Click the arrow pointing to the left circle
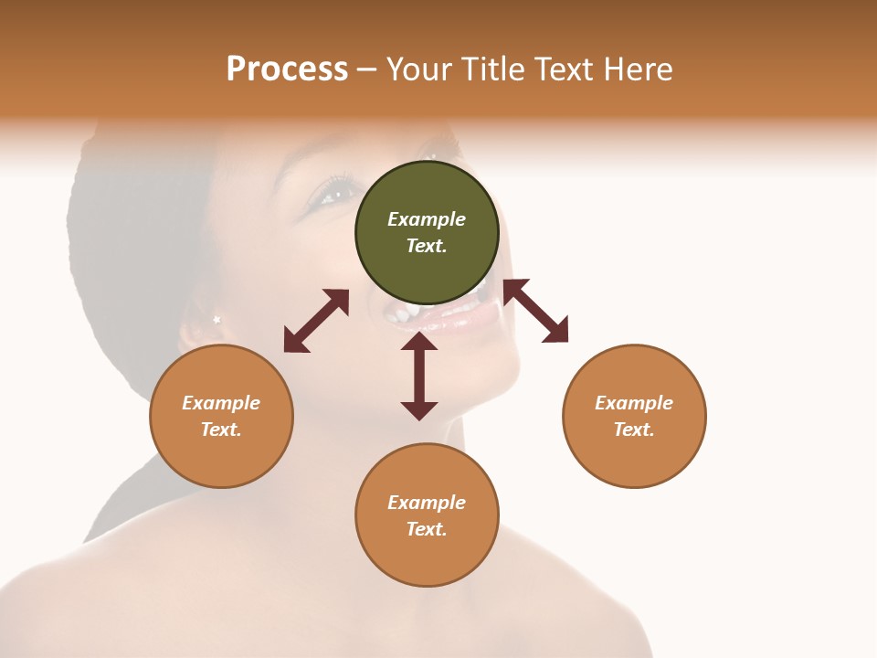coord(316,321)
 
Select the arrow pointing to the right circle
coord(536,311)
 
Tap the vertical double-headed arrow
coord(419,376)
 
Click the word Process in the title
coord(287,69)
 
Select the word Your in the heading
coord(420,69)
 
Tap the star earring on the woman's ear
coord(217,319)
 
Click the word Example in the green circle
coord(427,219)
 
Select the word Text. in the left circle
coord(221,430)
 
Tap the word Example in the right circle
coord(634,403)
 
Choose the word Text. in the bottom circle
coord(427,529)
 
